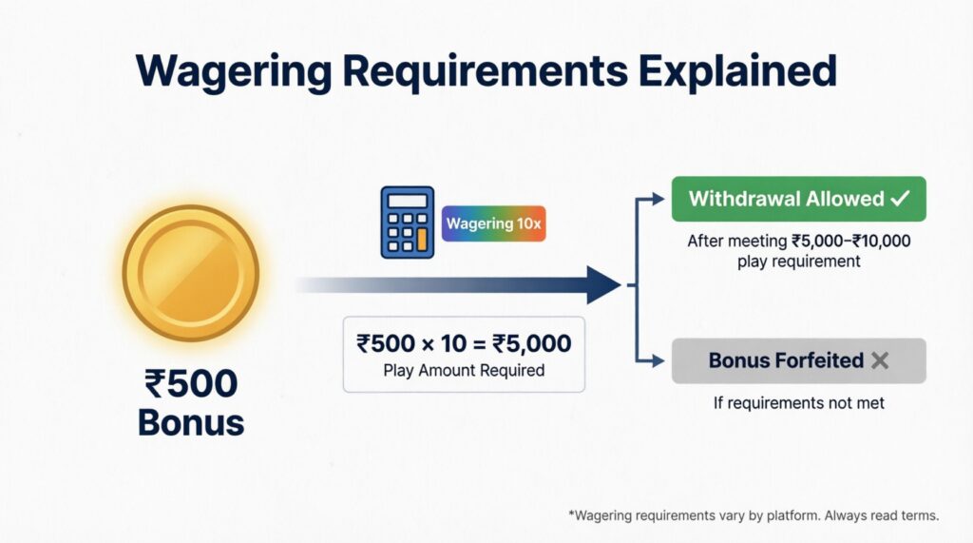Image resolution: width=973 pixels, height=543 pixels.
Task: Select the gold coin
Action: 190,274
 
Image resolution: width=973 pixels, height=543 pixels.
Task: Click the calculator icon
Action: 407,223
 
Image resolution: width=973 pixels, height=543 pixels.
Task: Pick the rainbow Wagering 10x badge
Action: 494,224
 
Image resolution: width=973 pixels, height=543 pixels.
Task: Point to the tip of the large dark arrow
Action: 620,284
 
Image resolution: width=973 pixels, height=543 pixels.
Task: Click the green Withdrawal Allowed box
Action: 798,199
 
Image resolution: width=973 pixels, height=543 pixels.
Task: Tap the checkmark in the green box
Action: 899,199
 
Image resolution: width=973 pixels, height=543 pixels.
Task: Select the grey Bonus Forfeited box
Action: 798,360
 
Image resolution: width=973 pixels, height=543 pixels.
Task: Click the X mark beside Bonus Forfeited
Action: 879,361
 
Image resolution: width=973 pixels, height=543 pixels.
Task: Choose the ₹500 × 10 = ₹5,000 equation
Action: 464,343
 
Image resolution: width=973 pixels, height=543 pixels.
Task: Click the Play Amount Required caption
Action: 464,370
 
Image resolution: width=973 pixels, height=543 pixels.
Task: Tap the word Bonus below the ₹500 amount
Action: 190,422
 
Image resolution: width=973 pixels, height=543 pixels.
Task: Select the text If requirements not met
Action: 798,403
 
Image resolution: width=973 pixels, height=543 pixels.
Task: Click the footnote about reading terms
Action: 754,515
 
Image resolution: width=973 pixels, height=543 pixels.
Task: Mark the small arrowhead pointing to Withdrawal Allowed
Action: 662,199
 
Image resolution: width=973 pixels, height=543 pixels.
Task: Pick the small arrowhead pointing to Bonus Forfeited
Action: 662,360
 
